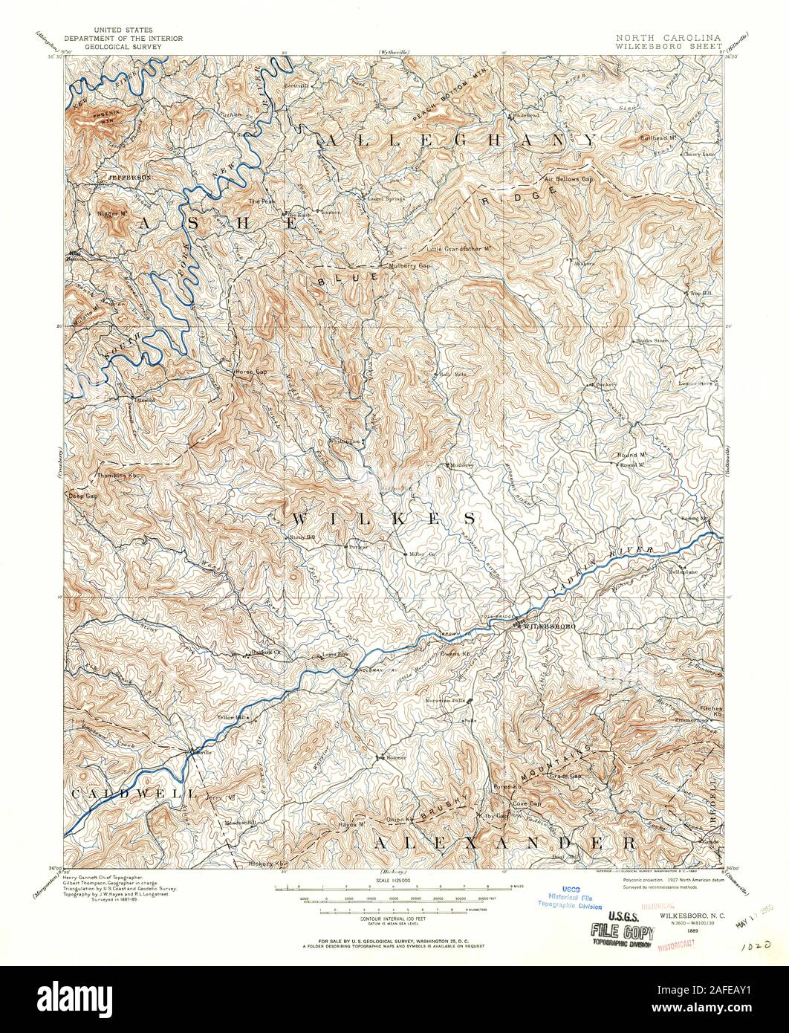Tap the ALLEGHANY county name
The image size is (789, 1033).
click(459, 140)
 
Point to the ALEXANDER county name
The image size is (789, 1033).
click(504, 843)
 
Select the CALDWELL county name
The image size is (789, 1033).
click(134, 794)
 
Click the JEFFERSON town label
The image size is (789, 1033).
click(129, 178)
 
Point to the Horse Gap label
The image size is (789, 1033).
click(251, 371)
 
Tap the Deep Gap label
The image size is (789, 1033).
click(83, 496)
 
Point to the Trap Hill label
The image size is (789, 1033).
click(701, 293)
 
